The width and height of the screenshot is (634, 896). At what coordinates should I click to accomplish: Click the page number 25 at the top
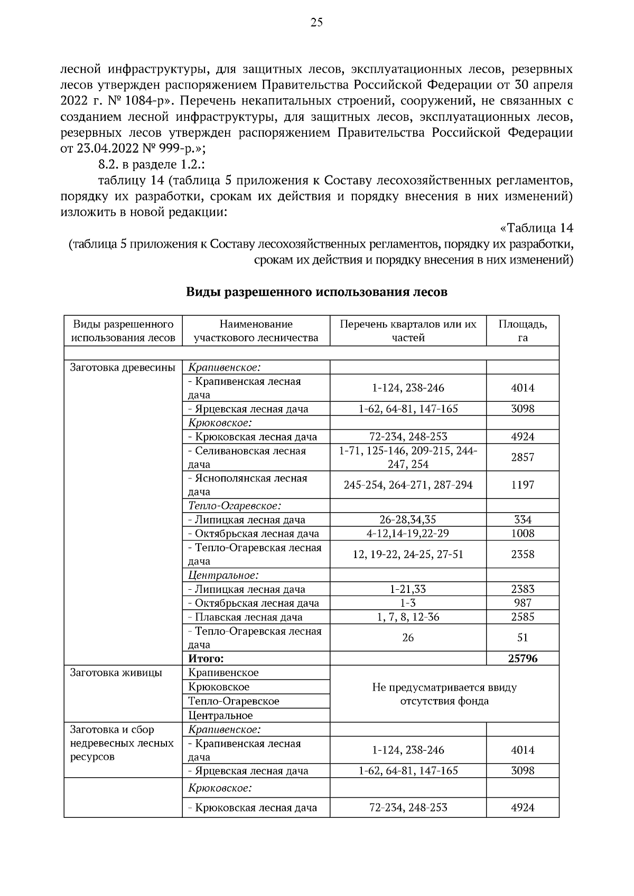coord(316,22)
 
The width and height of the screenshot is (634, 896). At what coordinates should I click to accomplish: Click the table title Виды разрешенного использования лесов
coord(316,293)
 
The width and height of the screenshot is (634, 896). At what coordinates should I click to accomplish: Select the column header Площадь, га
coord(522,331)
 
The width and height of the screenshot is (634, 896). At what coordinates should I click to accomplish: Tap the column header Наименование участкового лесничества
coord(256,331)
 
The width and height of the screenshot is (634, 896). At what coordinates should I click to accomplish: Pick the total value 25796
coord(522,658)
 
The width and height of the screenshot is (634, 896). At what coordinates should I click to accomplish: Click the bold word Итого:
coord(206,658)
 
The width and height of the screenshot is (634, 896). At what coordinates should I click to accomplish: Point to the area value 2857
coord(522,457)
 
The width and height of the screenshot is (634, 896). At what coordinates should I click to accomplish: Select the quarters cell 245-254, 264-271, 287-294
coord(408,485)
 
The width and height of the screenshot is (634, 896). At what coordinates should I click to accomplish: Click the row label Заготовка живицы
coord(116,673)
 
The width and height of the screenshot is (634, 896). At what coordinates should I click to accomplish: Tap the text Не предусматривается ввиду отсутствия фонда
coord(444,694)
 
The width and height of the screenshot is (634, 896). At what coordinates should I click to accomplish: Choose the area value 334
coord(522,520)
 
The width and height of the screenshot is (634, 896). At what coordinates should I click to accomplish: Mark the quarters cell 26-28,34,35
coord(408,520)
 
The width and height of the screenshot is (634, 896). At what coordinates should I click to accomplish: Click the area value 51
coord(522,637)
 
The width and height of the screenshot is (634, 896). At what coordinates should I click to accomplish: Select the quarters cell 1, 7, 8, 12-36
coord(408,617)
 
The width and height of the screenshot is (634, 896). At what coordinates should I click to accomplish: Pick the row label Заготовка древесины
coord(122,367)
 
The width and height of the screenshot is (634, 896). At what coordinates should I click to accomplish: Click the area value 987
coord(522,603)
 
